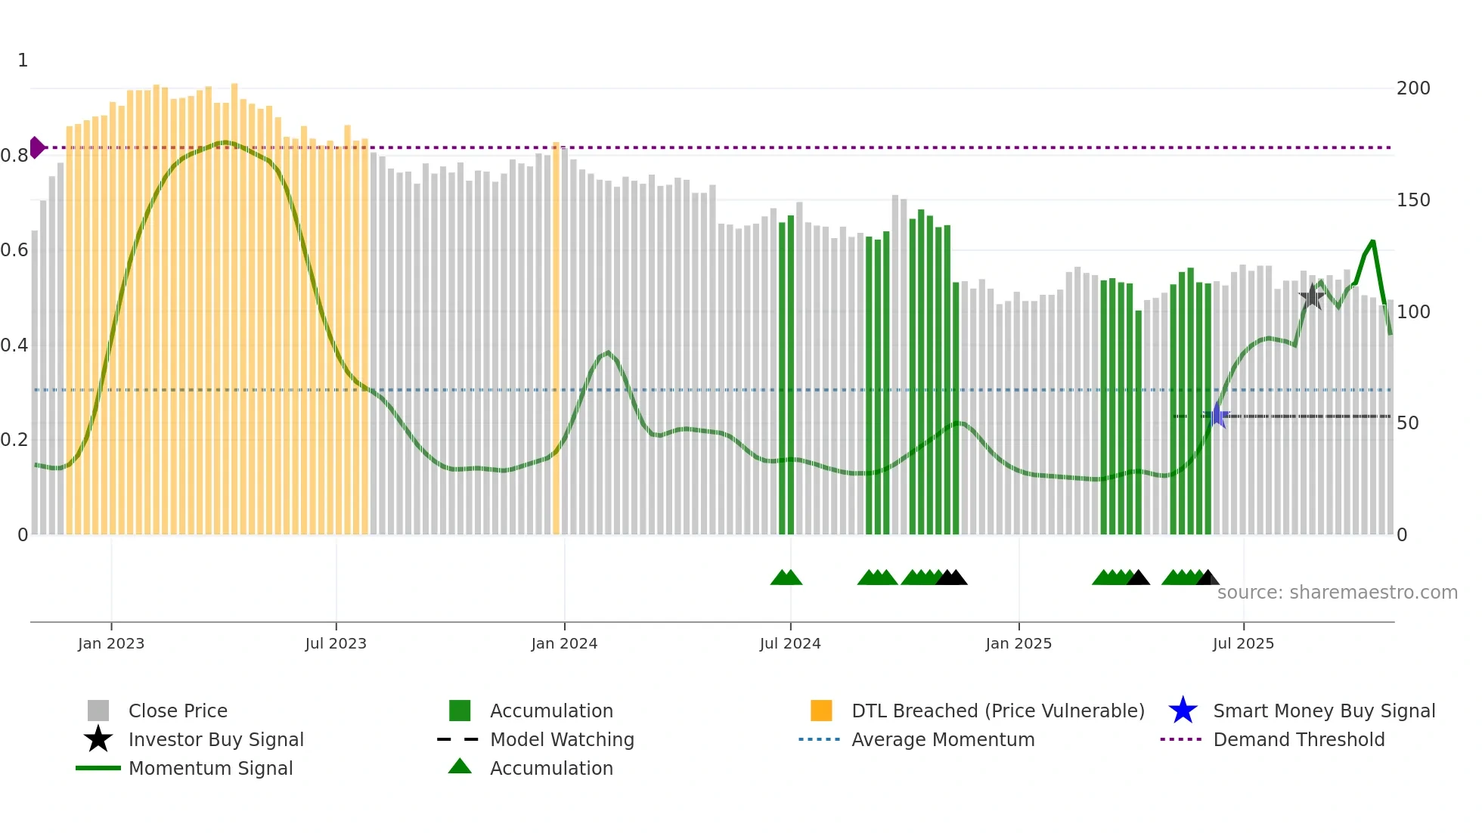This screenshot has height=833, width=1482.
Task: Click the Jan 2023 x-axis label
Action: (x=110, y=643)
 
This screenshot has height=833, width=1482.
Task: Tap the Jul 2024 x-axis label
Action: (x=790, y=643)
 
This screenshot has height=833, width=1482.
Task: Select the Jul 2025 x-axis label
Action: (x=1243, y=643)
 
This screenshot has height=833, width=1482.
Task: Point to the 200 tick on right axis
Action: (x=1413, y=88)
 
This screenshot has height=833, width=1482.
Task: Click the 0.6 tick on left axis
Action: (x=14, y=250)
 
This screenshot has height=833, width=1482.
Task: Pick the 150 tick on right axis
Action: (x=1413, y=200)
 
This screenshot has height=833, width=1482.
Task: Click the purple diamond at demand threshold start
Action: (x=36, y=147)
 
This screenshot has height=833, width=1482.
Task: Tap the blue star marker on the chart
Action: (x=1217, y=415)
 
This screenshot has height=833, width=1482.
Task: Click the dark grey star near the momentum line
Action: (x=1312, y=296)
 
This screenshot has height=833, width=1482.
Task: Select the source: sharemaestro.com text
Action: (x=1337, y=592)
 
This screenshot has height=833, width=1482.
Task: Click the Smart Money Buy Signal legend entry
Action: (x=1323, y=711)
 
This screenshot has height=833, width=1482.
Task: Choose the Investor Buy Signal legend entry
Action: (x=215, y=739)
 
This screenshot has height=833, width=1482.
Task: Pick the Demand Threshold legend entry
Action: (x=1298, y=739)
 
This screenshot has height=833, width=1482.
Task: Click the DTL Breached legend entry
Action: (x=997, y=711)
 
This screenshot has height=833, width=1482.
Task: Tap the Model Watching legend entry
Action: (x=561, y=739)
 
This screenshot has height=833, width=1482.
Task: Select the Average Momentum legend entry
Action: (x=942, y=739)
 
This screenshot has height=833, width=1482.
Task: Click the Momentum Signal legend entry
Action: (x=210, y=768)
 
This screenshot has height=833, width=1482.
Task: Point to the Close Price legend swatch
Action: (x=98, y=711)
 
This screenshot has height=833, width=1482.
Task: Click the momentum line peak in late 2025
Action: (x=1372, y=242)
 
